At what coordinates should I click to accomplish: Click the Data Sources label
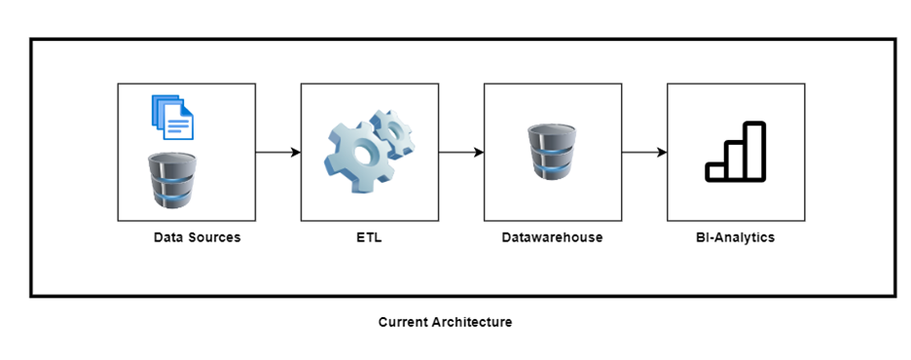(x=197, y=237)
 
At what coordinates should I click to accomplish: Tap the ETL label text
(x=370, y=237)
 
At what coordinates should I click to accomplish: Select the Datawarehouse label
(x=553, y=237)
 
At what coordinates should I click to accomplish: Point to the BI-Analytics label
(x=736, y=237)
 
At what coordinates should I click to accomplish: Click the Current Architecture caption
(x=445, y=322)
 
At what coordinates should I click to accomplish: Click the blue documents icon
(x=172, y=118)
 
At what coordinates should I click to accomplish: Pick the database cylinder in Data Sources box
(x=172, y=180)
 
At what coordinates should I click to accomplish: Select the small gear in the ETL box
(x=392, y=134)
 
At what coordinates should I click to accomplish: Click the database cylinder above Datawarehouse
(x=552, y=152)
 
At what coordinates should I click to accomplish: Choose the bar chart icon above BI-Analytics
(x=736, y=152)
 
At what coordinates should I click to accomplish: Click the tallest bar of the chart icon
(x=754, y=152)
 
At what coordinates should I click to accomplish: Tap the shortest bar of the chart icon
(x=715, y=172)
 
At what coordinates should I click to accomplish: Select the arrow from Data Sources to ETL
(x=278, y=152)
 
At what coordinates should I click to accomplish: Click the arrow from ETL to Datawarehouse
(x=461, y=152)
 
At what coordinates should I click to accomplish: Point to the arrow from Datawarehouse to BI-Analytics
(x=644, y=152)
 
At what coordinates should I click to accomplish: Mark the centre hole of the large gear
(x=362, y=155)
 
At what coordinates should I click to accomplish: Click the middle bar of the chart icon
(x=736, y=162)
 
